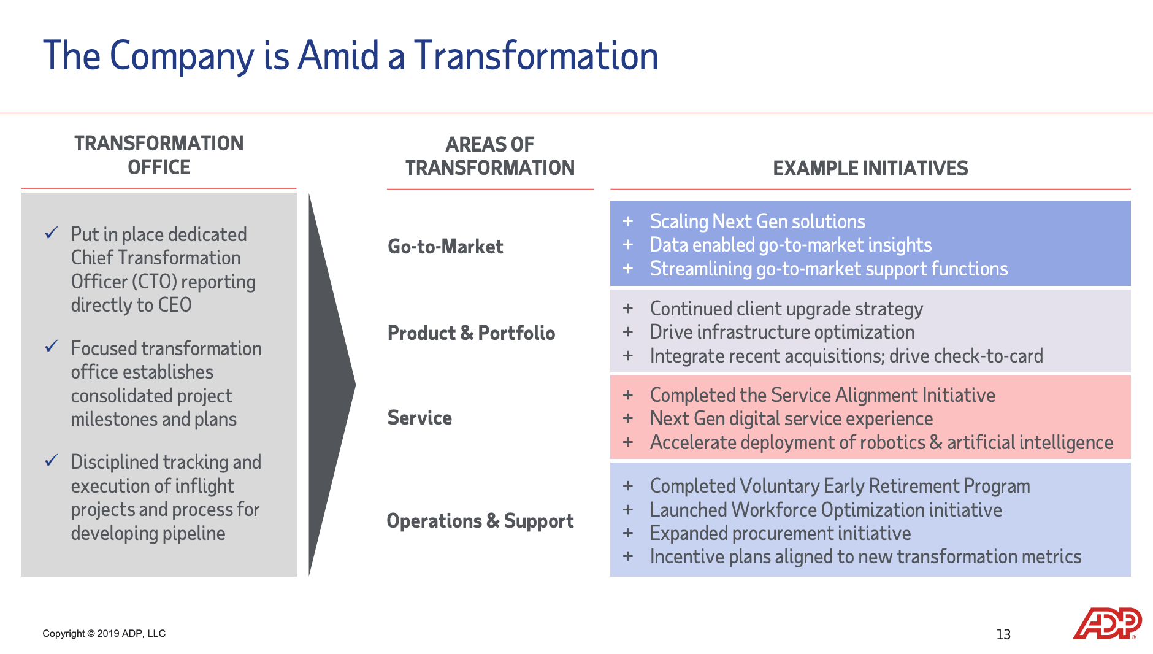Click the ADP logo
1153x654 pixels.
1106,623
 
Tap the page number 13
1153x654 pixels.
1003,634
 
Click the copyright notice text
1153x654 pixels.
104,633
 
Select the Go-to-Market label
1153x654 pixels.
445,247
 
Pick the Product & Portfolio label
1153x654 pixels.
471,333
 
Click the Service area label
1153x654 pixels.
419,418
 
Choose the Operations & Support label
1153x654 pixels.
480,521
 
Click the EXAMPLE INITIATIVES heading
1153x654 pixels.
870,168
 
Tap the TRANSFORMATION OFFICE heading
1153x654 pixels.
159,155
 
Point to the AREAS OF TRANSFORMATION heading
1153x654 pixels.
489,156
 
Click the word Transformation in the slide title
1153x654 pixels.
535,56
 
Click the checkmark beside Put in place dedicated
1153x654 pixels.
52,233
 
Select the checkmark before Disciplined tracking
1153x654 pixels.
52,461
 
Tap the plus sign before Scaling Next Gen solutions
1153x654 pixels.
627,221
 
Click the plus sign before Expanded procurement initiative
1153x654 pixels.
627,533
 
